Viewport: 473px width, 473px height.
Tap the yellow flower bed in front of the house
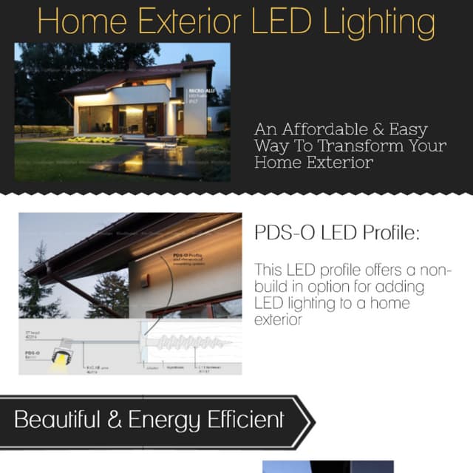click(x=94, y=139)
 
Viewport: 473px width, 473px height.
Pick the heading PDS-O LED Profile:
click(x=336, y=233)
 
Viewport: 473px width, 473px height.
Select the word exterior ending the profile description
click(x=279, y=320)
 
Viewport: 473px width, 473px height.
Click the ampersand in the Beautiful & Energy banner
click(x=115, y=421)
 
